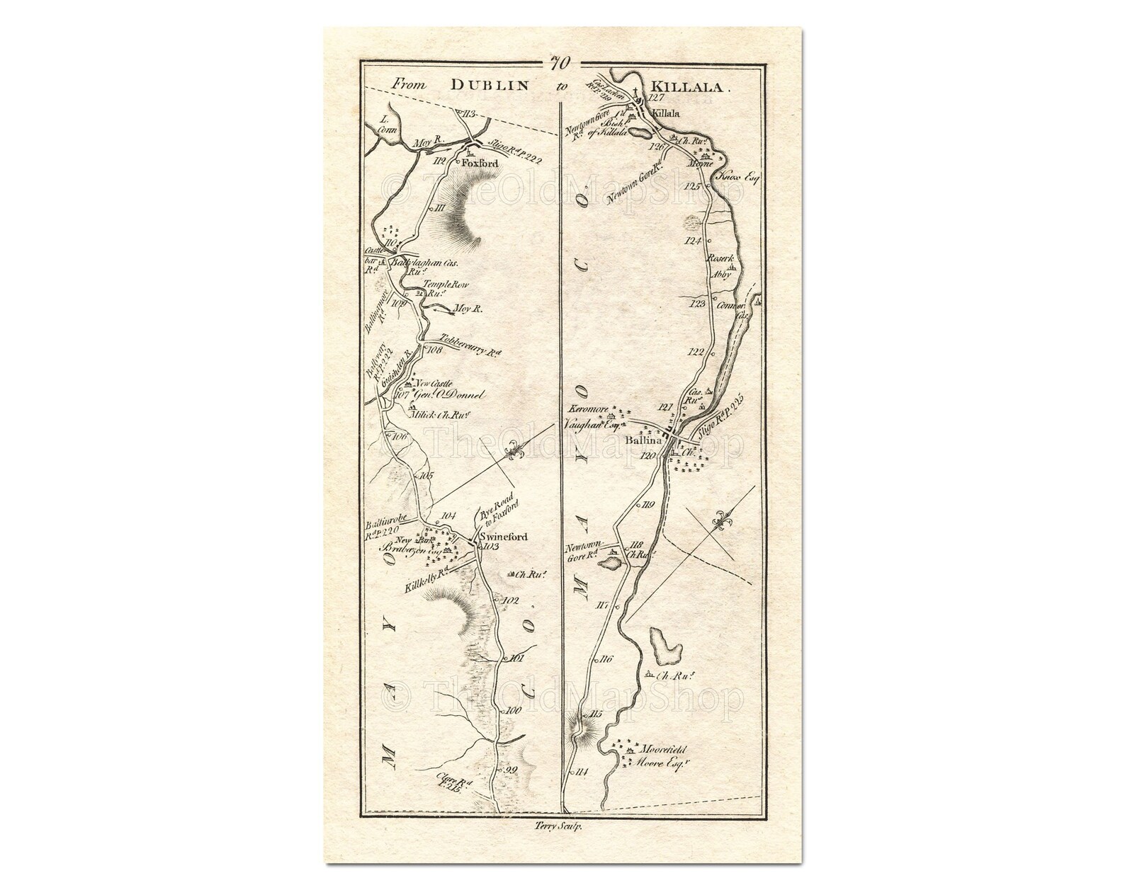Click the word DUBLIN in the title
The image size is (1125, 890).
490,85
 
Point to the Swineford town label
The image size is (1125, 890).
504,537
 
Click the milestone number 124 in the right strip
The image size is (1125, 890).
694,241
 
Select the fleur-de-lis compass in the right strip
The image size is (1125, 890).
723,522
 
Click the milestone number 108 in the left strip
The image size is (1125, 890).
434,349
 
